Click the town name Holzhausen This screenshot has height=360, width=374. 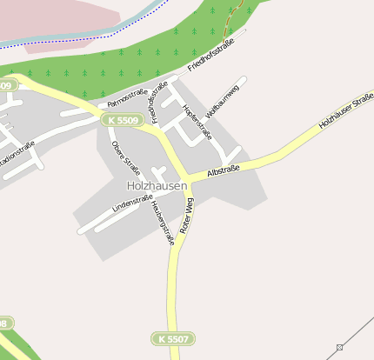point(157,186)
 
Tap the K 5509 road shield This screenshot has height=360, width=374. point(121,119)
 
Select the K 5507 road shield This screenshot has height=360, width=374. point(172,337)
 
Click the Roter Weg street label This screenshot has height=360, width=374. point(186,215)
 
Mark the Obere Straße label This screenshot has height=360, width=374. point(125,152)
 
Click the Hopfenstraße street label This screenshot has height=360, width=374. point(197,120)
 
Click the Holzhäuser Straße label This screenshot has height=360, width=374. point(345,110)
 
